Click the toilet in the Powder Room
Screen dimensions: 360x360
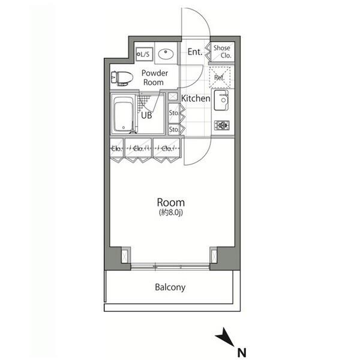(122, 78)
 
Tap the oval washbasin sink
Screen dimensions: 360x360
(166, 55)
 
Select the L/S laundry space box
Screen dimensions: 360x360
(144, 54)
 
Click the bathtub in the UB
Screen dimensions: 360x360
(124, 115)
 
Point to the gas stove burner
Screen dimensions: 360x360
(222, 125)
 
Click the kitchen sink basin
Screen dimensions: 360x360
(221, 100)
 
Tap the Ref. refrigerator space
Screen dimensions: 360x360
(220, 77)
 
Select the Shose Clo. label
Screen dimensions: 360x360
(222, 52)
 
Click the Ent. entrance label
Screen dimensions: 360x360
(194, 52)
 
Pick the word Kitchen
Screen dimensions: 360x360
(196, 98)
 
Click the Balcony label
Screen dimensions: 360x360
(170, 287)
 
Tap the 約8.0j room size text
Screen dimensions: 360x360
(171, 212)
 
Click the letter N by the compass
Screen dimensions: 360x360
(242, 353)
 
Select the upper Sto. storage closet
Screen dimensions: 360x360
(174, 112)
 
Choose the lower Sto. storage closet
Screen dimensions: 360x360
(174, 130)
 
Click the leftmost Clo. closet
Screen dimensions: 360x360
(117, 148)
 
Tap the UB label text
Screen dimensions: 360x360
(146, 115)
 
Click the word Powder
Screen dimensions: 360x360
(155, 73)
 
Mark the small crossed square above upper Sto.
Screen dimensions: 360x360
(173, 97)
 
